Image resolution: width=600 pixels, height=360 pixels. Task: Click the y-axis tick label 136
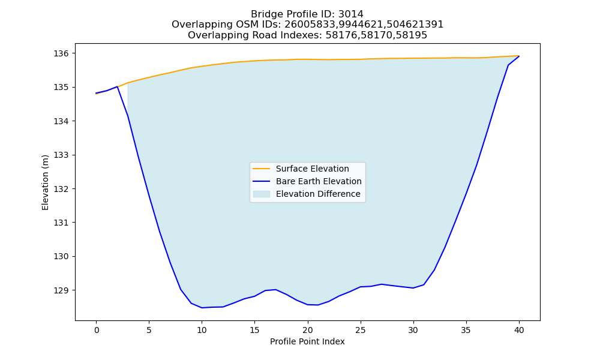pos(61,53)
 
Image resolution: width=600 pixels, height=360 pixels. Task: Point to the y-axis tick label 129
pos(61,290)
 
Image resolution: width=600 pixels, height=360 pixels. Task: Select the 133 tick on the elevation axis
pos(61,155)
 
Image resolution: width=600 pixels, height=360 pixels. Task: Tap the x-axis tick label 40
pos(519,331)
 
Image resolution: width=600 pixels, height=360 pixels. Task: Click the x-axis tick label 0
pos(97,331)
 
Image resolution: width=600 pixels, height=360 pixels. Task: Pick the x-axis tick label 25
pos(361,331)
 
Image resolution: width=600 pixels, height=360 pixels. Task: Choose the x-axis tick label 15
pos(255,331)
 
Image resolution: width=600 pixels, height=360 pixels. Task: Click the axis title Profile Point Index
pos(307,341)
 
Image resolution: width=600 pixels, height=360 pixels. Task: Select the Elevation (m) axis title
pos(45,182)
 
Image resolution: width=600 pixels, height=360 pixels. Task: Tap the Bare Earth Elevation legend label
pos(319,181)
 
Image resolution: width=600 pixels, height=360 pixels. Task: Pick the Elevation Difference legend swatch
pos(262,194)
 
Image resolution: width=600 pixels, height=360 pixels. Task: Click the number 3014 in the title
pos(350,14)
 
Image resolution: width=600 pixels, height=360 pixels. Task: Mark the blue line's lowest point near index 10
pos(202,308)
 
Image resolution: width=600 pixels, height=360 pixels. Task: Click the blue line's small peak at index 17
pos(276,290)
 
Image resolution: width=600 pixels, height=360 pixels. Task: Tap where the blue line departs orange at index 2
pos(117,87)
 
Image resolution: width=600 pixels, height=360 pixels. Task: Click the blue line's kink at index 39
pos(509,65)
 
